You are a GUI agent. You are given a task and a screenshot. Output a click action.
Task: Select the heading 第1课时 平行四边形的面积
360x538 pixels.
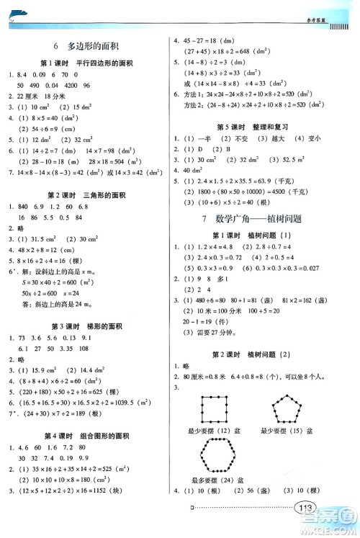85,63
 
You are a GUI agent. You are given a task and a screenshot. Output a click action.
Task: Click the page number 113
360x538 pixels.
305,526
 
